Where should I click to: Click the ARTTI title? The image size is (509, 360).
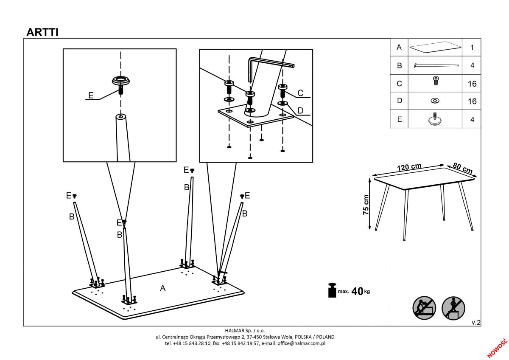coord(42,32)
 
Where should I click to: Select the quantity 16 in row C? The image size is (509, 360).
coord(472,84)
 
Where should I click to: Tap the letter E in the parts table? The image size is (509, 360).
coord(399,119)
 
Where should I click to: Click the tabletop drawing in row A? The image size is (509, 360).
coord(435,47)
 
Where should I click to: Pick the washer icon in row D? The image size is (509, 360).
coord(435,101)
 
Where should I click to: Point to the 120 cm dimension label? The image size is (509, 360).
coord(409,167)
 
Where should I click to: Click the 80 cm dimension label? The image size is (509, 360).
coord(463,168)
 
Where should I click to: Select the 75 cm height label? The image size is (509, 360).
coord(366,205)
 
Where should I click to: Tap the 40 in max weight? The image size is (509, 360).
coord(357,291)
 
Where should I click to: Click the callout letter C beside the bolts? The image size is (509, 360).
coord(300,93)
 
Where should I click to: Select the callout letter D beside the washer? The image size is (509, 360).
coord(300,110)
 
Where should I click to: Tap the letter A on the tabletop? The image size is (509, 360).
coord(163,288)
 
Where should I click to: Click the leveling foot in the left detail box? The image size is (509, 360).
coord(121,84)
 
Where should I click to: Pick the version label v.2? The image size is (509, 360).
coord(476,322)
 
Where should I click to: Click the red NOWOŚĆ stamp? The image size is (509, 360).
coord(498,348)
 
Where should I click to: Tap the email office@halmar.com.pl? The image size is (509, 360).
coord(301,343)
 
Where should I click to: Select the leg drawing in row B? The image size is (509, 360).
coord(436,65)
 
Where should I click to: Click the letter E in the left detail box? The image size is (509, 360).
coord(91,95)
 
